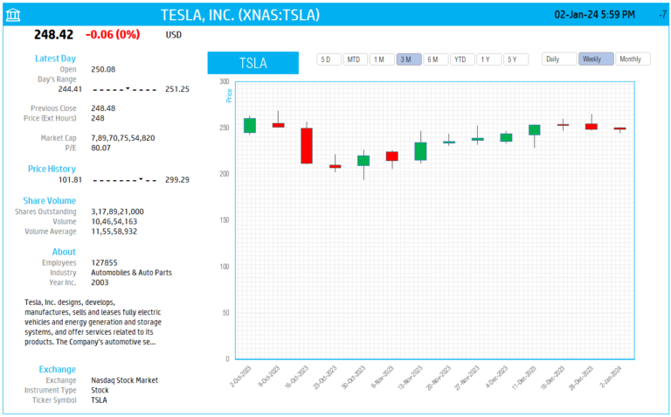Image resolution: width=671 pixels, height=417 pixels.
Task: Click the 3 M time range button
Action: tap(408, 59)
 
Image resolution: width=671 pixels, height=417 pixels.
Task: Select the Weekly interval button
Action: tap(595, 59)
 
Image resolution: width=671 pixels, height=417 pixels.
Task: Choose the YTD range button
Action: tap(462, 59)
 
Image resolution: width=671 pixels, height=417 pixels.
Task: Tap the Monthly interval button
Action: tap(633, 59)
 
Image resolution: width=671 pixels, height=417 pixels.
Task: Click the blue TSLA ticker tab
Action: tap(253, 63)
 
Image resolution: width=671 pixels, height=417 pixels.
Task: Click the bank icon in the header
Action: tap(14, 15)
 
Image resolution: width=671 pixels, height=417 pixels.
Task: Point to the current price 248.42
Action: tap(53, 34)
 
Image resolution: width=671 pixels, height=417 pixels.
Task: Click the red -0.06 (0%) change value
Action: tap(113, 34)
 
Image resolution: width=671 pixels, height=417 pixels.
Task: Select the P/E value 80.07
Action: tap(103, 148)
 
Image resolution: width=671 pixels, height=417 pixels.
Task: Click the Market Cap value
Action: tap(122, 138)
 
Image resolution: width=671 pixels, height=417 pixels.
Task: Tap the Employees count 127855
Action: tap(104, 262)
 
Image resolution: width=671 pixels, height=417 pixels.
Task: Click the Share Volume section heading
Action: tap(49, 200)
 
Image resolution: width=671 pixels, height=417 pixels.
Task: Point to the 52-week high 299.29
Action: tap(177, 179)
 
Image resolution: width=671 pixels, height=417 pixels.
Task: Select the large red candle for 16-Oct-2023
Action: tap(307, 146)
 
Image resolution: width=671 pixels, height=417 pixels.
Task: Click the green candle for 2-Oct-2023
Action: tap(250, 125)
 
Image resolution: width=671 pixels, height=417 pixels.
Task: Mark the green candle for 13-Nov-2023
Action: tap(420, 151)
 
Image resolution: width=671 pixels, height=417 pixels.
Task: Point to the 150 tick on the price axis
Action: tap(224, 220)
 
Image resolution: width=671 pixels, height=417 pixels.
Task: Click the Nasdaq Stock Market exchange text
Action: tap(124, 380)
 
